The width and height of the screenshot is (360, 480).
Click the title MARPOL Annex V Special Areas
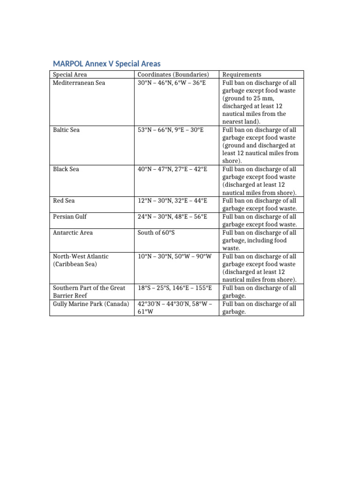pyautogui.click(x=106, y=64)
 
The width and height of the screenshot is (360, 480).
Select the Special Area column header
pyautogui.click(x=70, y=75)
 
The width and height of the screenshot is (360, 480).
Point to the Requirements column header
pyautogui.click(x=242, y=75)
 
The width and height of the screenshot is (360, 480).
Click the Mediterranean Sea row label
pyautogui.click(x=79, y=83)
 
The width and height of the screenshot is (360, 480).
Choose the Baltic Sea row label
pyautogui.click(x=66, y=130)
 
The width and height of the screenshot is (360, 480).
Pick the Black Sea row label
pyautogui.click(x=66, y=169)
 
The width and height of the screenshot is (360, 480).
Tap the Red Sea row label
pyautogui.click(x=63, y=201)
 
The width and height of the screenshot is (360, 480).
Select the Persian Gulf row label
pyautogui.click(x=70, y=217)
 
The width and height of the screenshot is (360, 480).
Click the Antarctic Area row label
pyautogui.click(x=73, y=232)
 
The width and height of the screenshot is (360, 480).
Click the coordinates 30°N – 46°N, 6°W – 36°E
pyautogui.click(x=172, y=83)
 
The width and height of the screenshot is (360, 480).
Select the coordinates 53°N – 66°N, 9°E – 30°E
pyautogui.click(x=171, y=130)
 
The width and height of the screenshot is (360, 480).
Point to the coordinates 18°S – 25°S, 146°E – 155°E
pyautogui.click(x=175, y=288)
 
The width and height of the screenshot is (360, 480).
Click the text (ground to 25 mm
pyautogui.click(x=248, y=98)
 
